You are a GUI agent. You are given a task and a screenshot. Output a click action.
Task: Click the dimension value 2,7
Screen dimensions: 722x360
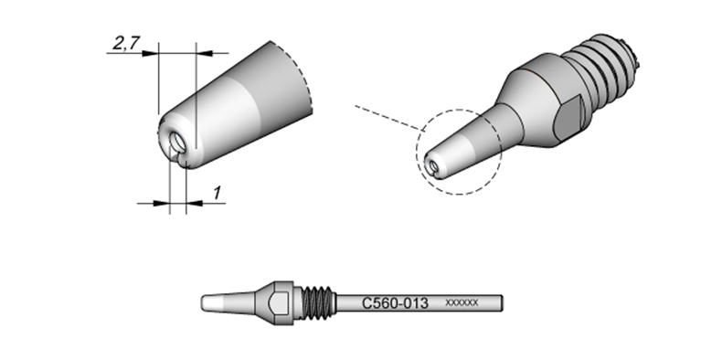click(x=125, y=43)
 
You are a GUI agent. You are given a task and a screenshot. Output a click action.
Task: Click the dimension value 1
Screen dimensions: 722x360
click(x=217, y=194)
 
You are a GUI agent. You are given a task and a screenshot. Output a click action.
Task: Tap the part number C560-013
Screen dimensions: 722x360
click(x=395, y=303)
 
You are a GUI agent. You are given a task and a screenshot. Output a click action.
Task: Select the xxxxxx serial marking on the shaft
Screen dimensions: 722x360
click(x=462, y=303)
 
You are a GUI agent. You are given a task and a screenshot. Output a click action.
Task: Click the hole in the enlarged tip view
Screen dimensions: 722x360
click(x=177, y=143)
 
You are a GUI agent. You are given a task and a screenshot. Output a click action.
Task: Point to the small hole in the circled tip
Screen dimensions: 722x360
click(x=433, y=165)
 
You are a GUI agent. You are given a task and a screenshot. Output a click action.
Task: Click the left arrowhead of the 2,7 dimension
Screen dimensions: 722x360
click(x=150, y=53)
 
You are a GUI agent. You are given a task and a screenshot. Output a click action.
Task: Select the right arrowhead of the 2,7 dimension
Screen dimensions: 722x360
click(x=205, y=53)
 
